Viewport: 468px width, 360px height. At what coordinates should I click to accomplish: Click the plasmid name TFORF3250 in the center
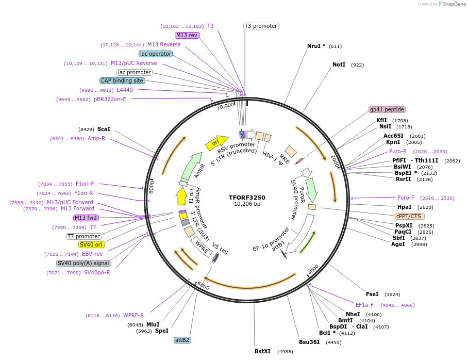247,197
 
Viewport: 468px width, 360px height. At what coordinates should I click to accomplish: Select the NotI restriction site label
339,64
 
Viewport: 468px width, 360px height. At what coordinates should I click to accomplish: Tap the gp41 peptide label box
387,109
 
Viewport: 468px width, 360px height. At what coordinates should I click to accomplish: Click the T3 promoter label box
261,26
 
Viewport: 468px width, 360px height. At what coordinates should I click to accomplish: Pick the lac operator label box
155,54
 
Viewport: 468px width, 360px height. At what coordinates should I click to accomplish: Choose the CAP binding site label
122,80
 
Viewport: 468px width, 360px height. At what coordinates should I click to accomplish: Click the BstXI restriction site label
262,351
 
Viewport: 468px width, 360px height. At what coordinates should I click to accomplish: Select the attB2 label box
182,340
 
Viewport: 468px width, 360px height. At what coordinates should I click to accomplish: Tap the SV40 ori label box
90,244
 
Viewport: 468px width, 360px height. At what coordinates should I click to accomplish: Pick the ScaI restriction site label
104,129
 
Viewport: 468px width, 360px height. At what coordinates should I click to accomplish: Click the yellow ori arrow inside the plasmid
216,143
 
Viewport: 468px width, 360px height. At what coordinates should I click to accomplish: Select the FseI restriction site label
372,294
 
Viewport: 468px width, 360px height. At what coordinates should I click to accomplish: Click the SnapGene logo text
454,4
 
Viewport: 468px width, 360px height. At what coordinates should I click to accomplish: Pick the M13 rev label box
187,35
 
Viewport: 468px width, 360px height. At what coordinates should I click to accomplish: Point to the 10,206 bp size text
247,204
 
